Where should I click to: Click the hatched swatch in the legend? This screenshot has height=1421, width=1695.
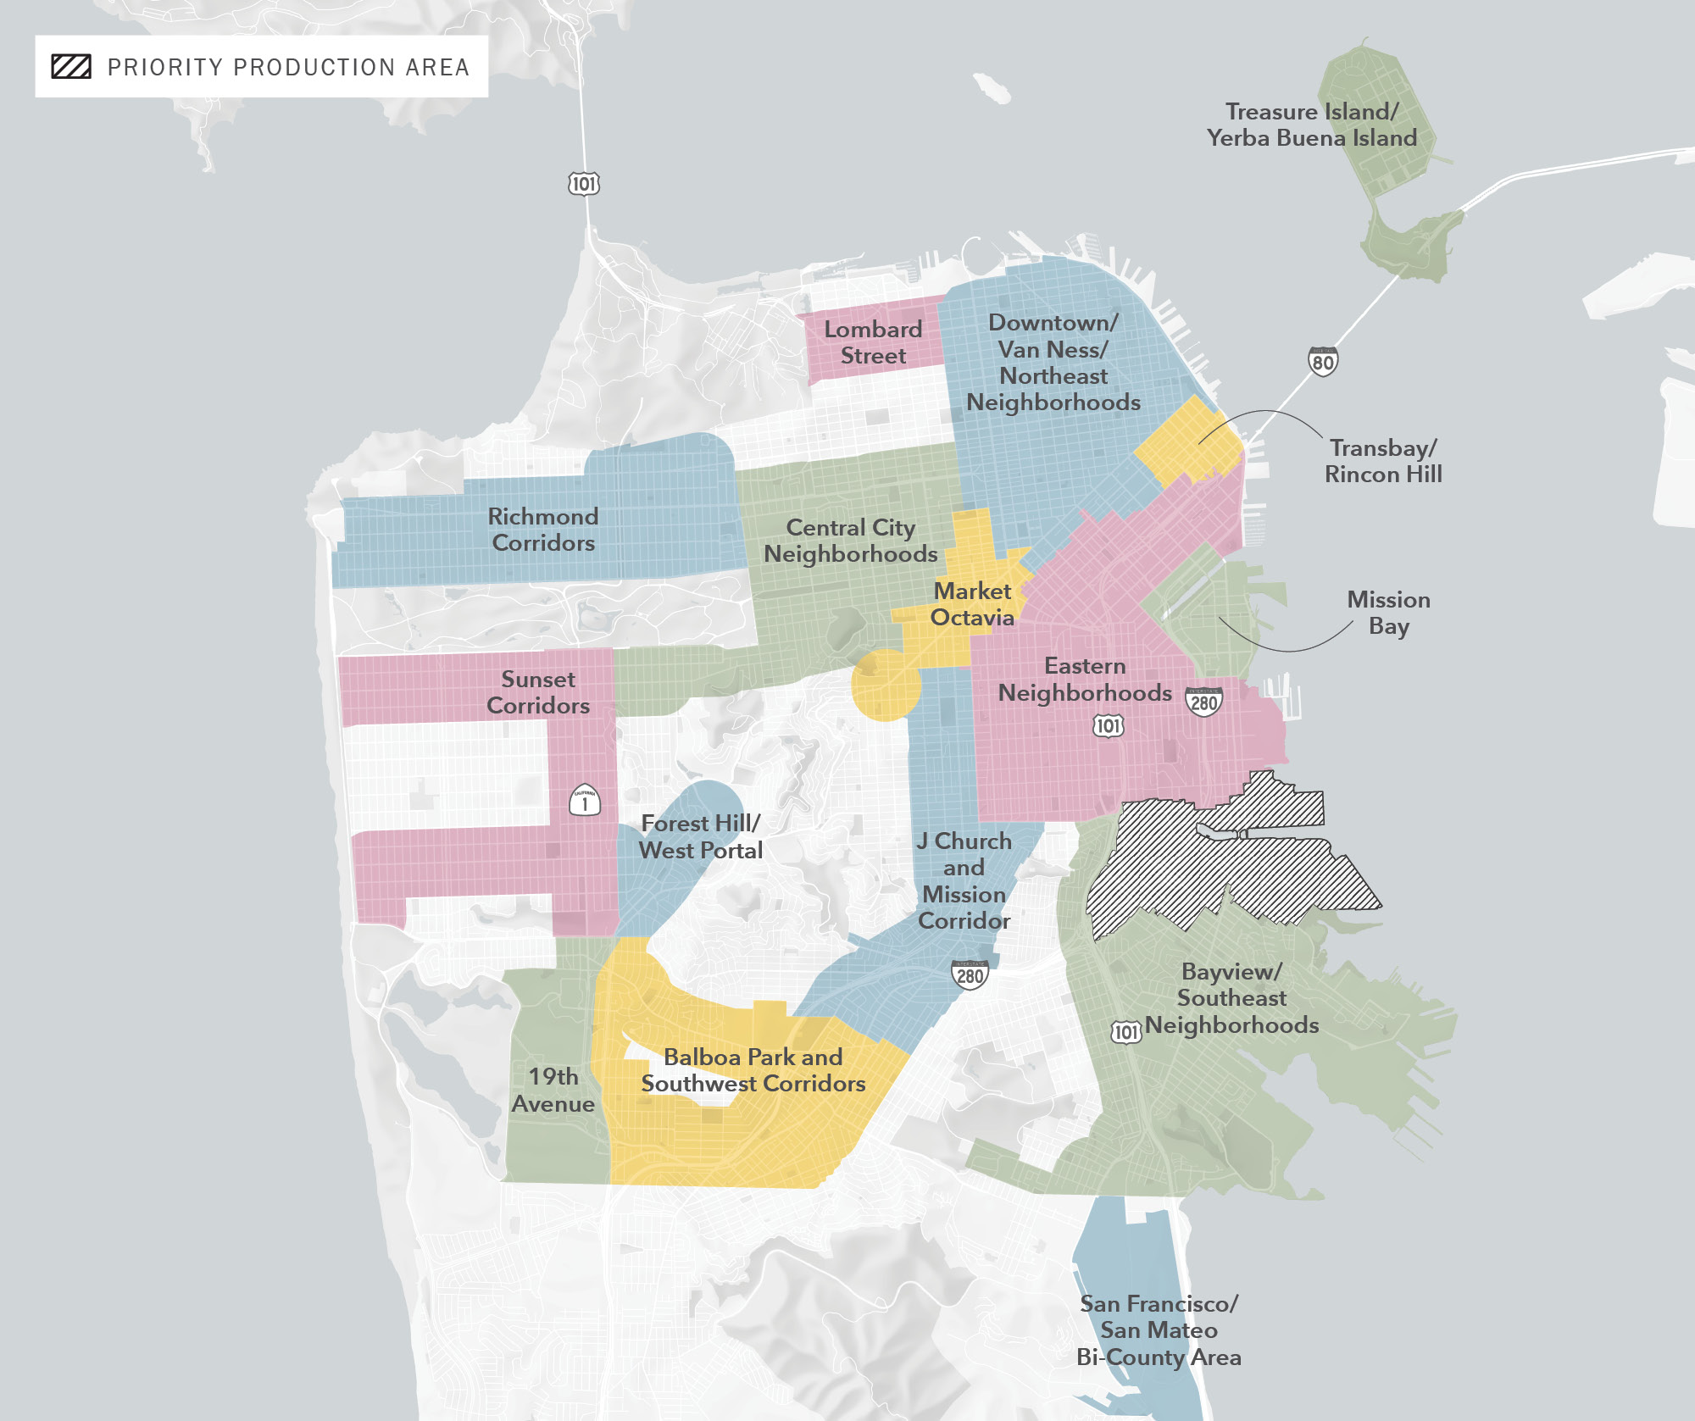point(71,67)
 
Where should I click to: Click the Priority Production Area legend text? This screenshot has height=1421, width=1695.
point(288,67)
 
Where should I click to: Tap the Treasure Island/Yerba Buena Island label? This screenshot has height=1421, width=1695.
point(1311,125)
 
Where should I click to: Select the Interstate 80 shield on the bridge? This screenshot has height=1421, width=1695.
point(1322,362)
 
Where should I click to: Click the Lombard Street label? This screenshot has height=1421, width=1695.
point(873,342)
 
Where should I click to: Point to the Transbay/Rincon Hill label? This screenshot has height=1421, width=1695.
point(1383,461)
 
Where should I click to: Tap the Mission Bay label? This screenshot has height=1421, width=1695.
point(1388,613)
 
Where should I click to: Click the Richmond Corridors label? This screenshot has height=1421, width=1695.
point(543,530)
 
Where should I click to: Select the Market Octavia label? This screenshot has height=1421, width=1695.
point(972,604)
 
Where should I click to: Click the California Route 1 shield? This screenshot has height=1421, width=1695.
point(585,801)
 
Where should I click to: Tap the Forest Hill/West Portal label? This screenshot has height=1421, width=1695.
point(701,836)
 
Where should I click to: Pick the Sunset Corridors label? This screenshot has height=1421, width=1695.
point(538,692)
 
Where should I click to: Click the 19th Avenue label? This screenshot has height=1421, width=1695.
point(553,1090)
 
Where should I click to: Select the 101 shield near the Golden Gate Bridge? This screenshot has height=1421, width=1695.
point(583,184)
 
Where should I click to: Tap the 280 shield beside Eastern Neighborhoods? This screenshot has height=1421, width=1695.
point(1203,702)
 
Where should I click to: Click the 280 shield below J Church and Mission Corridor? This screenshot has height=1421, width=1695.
point(970,975)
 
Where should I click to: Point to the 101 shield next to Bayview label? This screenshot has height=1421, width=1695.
point(1125,1031)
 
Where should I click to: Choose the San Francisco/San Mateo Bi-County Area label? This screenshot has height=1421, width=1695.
point(1159,1330)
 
